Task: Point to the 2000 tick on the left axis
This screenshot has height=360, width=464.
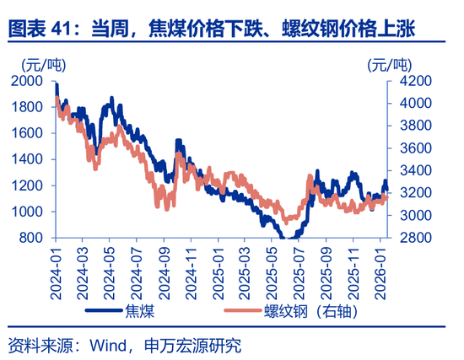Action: tap(28, 81)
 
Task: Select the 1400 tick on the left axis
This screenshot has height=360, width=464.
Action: tap(28, 159)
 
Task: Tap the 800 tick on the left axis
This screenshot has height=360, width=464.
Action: tap(32, 238)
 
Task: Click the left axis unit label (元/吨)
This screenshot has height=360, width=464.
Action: tap(31, 63)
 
